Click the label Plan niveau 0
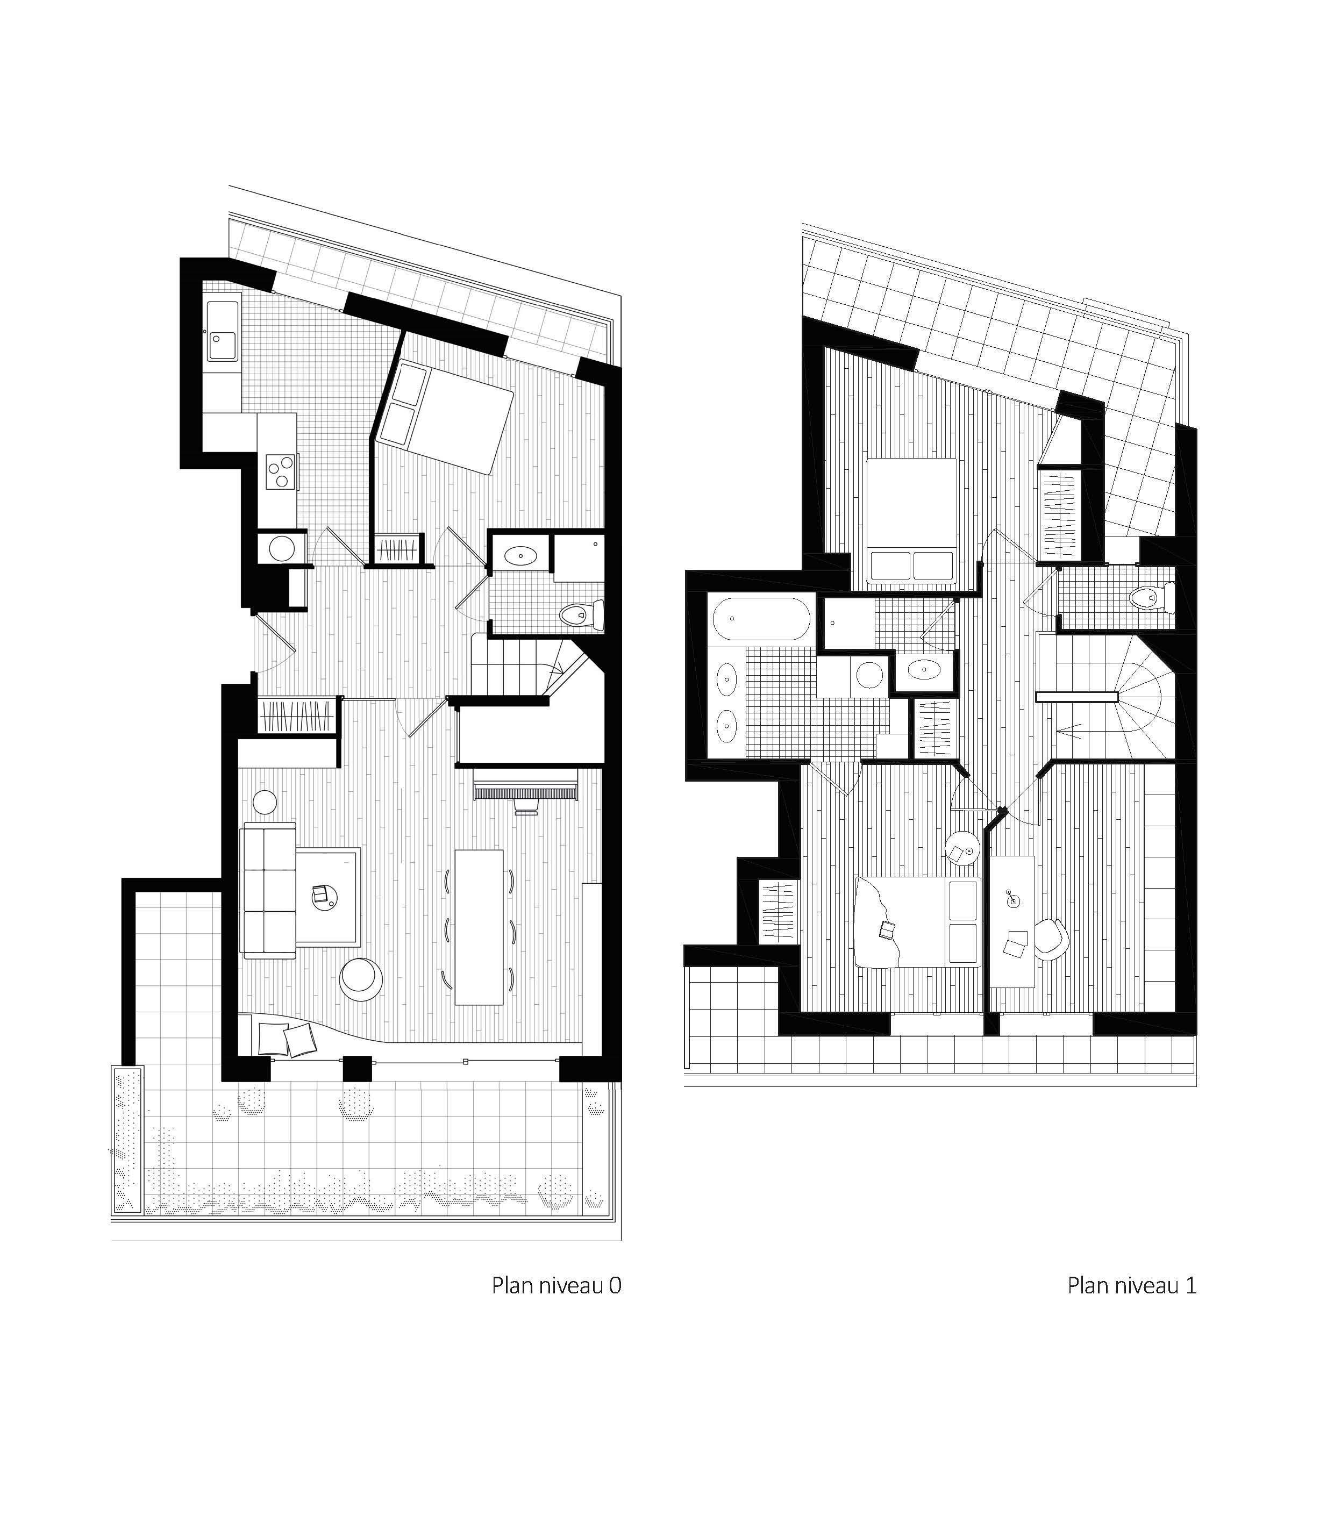[556, 1285]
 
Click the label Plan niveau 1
[1131, 1285]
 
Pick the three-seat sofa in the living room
[268, 890]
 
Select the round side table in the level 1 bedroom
[961, 848]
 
